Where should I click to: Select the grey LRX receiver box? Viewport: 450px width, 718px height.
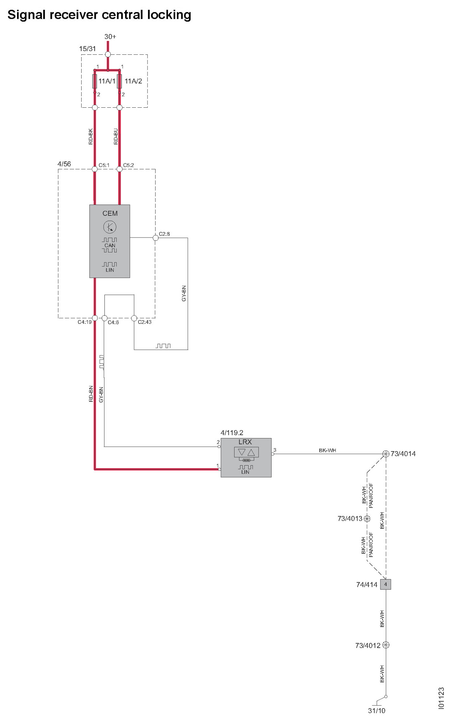246,457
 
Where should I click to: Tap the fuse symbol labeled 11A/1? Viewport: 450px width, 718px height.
95,81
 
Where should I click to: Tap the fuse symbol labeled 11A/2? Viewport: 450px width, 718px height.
119,81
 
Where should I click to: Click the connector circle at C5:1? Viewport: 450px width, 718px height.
95,169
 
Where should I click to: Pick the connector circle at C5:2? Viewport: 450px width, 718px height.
120,169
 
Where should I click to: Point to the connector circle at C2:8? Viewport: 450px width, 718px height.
156,238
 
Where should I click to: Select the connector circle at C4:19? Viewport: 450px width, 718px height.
95,318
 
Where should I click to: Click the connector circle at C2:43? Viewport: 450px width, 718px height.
134,318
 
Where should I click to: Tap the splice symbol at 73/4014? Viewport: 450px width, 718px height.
386,454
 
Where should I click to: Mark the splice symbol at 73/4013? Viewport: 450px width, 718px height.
367,519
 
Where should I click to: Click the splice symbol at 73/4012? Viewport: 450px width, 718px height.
386,645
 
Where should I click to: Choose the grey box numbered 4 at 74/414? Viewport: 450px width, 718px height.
385,584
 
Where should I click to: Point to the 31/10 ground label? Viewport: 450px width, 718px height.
376,710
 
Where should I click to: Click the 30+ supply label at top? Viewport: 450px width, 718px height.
110,37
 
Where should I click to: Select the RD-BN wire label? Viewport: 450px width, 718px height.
91,394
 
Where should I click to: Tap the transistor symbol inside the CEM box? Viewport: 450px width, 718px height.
110,227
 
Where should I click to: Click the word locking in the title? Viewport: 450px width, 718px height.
169,15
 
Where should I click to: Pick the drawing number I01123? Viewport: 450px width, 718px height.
441,698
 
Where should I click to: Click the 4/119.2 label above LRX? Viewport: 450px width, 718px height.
232,433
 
